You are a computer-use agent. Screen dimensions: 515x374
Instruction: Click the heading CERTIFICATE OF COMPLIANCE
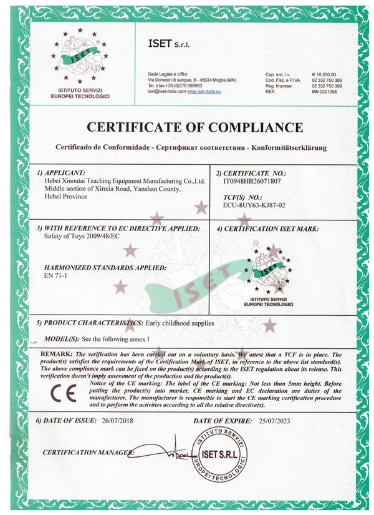(x=195, y=128)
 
